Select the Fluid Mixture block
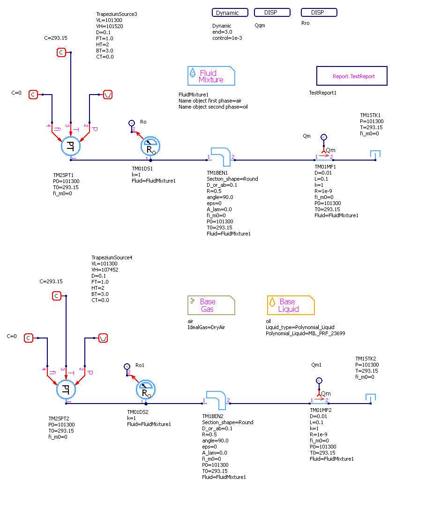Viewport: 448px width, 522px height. point(211,76)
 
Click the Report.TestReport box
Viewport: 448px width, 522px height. point(351,76)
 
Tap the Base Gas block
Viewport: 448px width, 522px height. point(211,305)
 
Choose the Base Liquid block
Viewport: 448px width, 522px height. point(291,305)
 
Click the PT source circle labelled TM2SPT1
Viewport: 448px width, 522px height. point(71,146)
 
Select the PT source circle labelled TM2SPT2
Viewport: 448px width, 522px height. point(66,389)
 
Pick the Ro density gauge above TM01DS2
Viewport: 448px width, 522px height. point(146,389)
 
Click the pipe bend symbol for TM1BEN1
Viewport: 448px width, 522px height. point(220,156)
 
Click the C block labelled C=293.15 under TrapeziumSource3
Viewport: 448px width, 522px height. point(61,52)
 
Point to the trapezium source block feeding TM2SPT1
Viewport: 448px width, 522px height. point(108,95)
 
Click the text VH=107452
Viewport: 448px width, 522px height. point(105,270)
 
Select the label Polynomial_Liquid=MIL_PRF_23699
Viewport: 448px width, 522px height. point(306,333)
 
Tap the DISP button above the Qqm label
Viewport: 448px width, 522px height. point(272,13)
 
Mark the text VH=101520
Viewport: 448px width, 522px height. point(110,26)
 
